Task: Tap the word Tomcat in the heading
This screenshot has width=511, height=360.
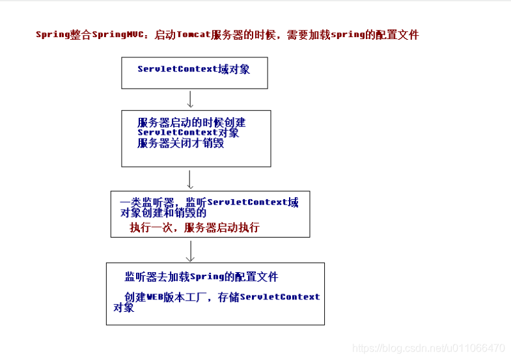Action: [193, 35]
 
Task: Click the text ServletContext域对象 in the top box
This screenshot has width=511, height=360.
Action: [193, 69]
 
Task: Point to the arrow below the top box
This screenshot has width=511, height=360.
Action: [190, 99]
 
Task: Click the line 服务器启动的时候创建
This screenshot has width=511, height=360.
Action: [191, 122]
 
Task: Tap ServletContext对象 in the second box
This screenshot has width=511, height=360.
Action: [188, 133]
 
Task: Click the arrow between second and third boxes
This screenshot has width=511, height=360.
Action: [190, 180]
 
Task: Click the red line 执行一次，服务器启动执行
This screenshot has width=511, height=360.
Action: [195, 227]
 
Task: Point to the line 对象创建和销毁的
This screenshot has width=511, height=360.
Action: [163, 213]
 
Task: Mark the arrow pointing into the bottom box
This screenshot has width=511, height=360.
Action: [190, 251]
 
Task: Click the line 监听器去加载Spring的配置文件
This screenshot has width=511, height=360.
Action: [201, 277]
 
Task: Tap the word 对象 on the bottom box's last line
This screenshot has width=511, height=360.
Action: [124, 307]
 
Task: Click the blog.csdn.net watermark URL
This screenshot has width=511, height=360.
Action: [427, 348]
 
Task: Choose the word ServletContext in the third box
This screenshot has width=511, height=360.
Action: [247, 202]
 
